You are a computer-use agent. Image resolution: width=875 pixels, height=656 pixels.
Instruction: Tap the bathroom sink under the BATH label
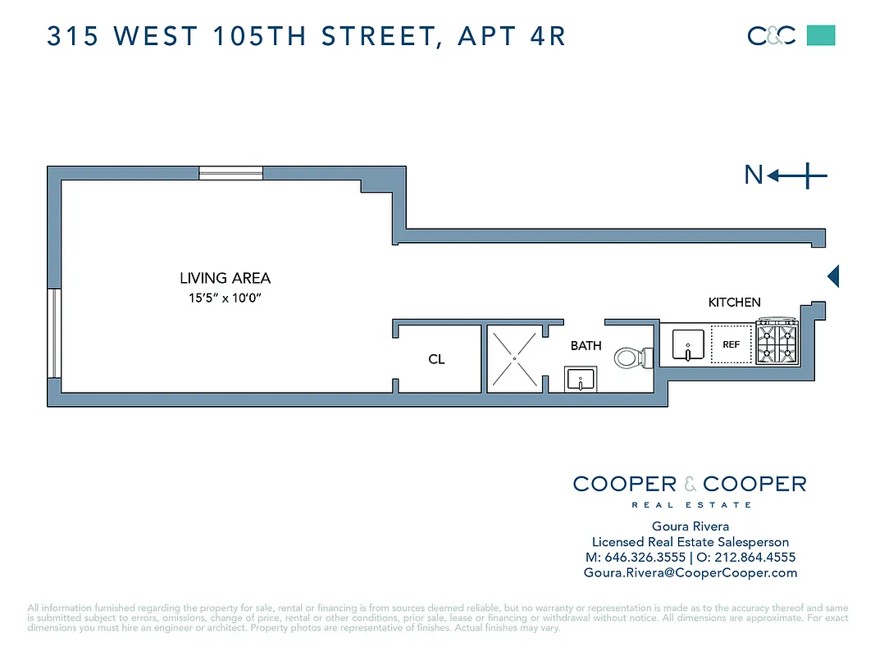point(581,380)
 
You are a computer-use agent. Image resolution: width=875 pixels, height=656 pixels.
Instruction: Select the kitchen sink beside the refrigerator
point(686,345)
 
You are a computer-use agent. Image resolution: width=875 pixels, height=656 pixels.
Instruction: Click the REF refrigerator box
point(731,345)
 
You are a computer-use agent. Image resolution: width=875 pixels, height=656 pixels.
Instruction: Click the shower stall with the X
point(514,358)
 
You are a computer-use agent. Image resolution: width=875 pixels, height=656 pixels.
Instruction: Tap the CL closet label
point(436,360)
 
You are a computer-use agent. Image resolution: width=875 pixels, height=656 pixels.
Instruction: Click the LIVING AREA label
point(225,279)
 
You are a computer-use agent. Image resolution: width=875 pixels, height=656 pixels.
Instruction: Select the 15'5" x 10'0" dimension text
point(226,298)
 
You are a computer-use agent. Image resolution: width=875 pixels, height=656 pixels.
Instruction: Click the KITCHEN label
point(734,303)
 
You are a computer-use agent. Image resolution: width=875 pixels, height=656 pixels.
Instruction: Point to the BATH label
point(586,346)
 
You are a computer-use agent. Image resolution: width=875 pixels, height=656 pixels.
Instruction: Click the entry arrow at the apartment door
point(833,276)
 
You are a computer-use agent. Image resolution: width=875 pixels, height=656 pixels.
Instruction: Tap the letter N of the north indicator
point(753,175)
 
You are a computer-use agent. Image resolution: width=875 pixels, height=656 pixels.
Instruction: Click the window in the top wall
point(230,173)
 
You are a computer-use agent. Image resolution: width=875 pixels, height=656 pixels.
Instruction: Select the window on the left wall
point(54,333)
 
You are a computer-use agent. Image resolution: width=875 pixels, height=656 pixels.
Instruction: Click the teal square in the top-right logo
point(821,35)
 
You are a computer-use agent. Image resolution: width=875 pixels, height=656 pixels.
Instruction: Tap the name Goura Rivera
point(690,526)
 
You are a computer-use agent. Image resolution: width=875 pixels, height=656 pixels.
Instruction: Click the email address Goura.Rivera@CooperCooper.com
point(690,573)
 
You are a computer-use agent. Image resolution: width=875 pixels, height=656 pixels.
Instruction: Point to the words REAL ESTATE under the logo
point(690,505)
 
